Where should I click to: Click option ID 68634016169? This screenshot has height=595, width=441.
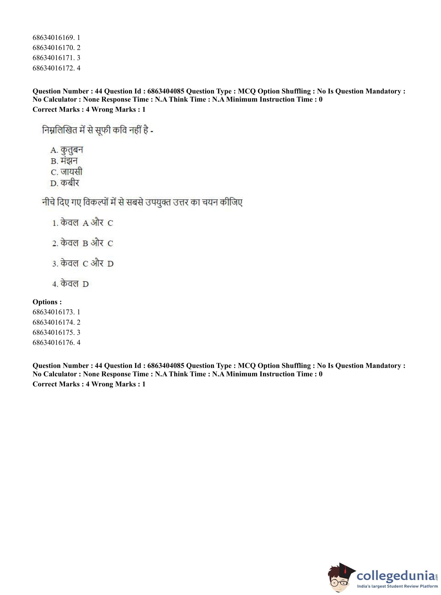[56, 37]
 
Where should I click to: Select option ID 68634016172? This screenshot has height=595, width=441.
[56, 68]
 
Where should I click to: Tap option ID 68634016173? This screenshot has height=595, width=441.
[56, 312]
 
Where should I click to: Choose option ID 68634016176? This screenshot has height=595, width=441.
[56, 342]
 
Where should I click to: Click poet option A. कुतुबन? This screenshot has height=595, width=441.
[67, 150]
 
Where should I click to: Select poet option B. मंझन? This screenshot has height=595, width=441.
[64, 161]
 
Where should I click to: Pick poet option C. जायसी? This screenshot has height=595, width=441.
[67, 172]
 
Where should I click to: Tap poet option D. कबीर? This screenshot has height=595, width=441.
[65, 183]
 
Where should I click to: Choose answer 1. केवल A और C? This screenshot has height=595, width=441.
[82, 223]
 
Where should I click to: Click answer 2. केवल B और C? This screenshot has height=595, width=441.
[82, 243]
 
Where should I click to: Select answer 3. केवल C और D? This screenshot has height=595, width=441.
[83, 264]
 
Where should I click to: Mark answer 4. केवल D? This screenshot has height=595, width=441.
[70, 284]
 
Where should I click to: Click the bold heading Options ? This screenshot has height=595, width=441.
[47, 302]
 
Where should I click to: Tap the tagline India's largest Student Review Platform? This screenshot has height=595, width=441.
[397, 586]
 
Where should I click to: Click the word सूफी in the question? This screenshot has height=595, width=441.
[103, 130]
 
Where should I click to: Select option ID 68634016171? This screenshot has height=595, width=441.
[56, 58]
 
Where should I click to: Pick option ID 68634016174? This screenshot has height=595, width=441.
[56, 322]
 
